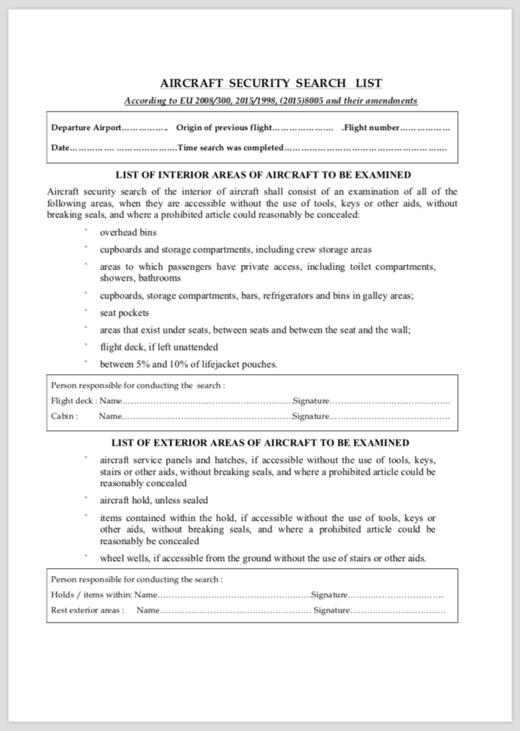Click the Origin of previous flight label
(x=225, y=128)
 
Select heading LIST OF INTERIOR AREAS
(x=262, y=175)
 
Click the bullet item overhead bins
(x=128, y=233)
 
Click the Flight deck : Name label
(x=87, y=401)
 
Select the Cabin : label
(x=65, y=416)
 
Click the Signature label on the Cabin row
(x=311, y=416)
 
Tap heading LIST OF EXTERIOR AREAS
(x=260, y=443)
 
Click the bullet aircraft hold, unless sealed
(x=154, y=500)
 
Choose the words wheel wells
(x=123, y=558)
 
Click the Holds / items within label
(x=92, y=595)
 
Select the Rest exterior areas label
(x=87, y=610)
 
